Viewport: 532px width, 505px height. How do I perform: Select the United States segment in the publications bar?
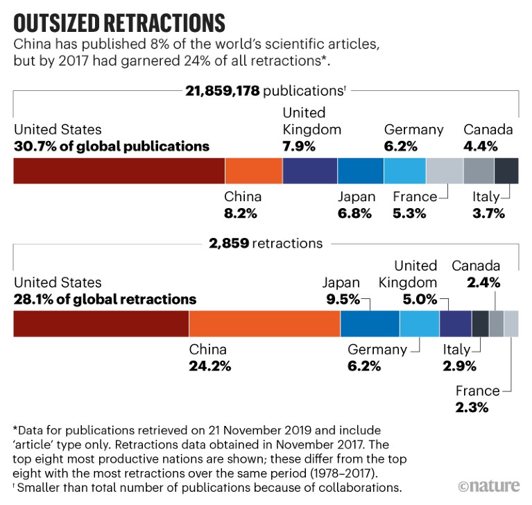119,171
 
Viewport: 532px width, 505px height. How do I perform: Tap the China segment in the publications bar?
254,171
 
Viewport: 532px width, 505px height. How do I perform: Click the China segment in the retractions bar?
264,324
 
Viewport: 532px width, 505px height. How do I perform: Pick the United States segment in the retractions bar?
101,324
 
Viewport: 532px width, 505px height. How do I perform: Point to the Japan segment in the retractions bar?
369,324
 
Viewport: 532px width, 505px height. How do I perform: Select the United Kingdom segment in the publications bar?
309,171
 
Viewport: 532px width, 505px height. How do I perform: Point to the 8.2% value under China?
242,213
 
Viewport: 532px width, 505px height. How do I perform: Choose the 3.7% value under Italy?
488,213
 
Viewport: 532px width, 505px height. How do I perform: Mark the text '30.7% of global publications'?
111,146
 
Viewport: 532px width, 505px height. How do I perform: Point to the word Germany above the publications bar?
413,130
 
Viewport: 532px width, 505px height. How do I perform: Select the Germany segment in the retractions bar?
419,324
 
